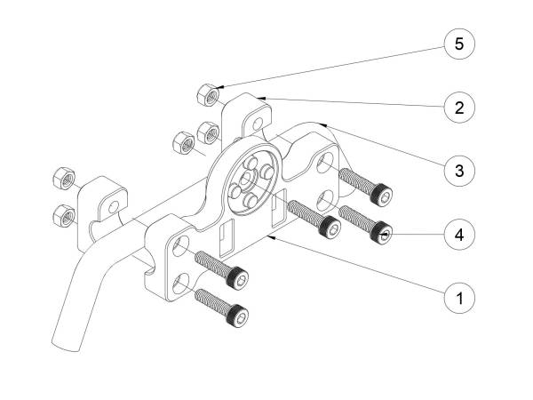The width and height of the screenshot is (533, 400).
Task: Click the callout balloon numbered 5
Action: (x=459, y=44)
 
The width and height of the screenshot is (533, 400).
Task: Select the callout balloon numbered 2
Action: (x=459, y=108)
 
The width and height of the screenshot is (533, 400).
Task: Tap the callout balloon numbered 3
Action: (x=459, y=171)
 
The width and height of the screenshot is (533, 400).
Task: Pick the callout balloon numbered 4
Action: (x=459, y=235)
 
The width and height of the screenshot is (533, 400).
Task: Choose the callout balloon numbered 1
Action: (x=459, y=299)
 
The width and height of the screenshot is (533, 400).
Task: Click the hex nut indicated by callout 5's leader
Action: (x=208, y=95)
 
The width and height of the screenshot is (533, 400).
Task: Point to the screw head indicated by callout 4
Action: (x=381, y=232)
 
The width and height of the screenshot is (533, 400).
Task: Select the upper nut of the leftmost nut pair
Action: (x=64, y=179)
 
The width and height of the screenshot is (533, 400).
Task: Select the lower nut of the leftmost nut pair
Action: (x=64, y=216)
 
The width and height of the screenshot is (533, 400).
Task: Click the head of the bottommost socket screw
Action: (x=237, y=316)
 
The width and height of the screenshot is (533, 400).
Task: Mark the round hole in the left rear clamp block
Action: (x=114, y=207)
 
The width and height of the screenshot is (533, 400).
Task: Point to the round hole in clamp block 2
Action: (x=258, y=124)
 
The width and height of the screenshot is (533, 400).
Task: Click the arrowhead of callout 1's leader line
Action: (x=271, y=237)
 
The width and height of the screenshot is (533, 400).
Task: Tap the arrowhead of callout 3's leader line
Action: (x=324, y=125)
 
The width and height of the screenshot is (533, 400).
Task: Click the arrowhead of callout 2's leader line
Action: (x=261, y=99)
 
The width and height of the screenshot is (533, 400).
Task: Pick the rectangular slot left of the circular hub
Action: (x=227, y=238)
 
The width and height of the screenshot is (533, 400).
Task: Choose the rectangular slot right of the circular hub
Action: (x=278, y=208)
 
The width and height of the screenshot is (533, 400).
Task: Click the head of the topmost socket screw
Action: (x=381, y=195)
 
